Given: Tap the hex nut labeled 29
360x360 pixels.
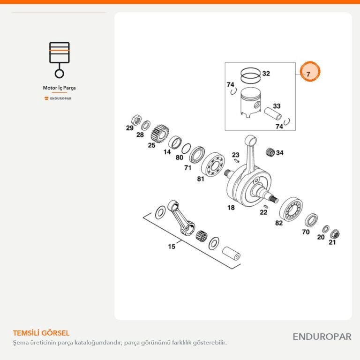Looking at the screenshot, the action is (x=136, y=120).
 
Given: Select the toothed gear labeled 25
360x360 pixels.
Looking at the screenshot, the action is (x=160, y=134).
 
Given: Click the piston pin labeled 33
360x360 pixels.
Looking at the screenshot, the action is (x=273, y=113).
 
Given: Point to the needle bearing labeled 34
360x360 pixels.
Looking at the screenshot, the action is (x=270, y=152).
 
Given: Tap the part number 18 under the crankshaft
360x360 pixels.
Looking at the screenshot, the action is (x=231, y=208).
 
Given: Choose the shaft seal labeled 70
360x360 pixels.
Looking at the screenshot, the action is (x=311, y=220).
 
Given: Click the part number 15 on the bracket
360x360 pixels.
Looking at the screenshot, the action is (x=172, y=247).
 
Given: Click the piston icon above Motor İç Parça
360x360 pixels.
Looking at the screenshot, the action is (x=59, y=60).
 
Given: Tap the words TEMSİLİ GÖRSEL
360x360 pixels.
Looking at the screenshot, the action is (x=41, y=333).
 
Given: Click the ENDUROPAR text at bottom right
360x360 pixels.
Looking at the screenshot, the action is (x=322, y=337).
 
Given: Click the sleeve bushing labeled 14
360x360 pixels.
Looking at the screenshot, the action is (x=175, y=142).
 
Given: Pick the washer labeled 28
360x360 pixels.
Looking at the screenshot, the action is (x=146, y=125).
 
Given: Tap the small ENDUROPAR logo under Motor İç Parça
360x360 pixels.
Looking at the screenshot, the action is (x=58, y=98).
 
